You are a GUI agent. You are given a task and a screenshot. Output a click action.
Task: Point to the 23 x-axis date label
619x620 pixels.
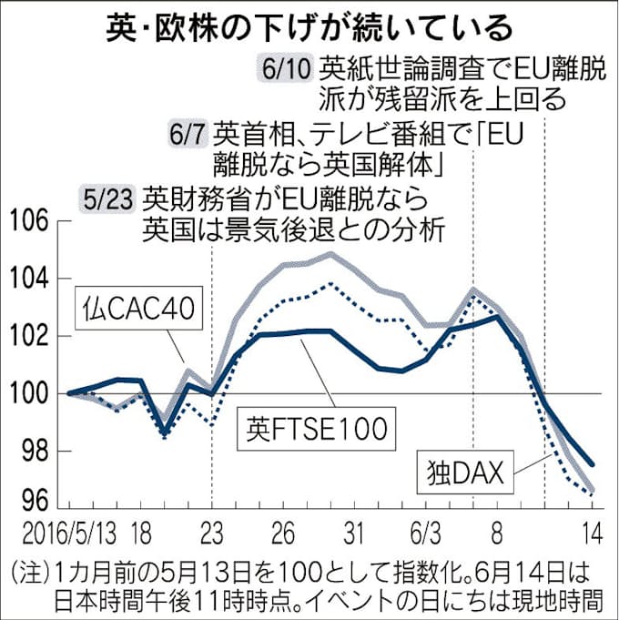point(211,529)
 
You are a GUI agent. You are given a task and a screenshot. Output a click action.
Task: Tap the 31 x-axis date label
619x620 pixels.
point(356,529)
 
